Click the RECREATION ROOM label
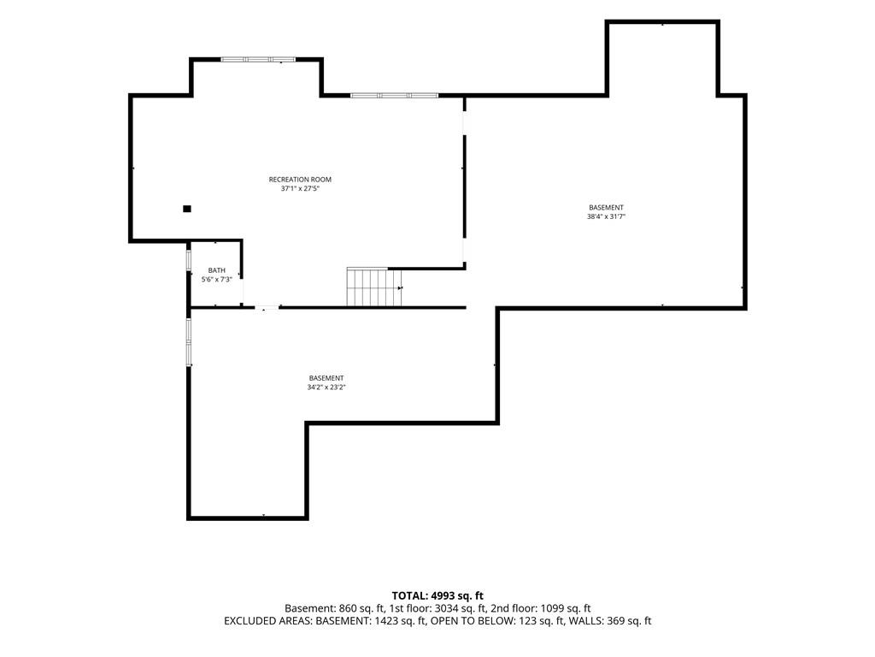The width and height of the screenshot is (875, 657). [300, 180]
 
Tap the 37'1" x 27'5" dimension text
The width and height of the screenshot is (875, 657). [300, 189]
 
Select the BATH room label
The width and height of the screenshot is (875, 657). [216, 270]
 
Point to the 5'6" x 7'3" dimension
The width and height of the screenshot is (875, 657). [216, 280]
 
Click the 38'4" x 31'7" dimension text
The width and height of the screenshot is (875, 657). [606, 216]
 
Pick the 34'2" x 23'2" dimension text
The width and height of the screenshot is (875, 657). [326, 388]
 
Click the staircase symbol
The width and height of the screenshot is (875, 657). [374, 287]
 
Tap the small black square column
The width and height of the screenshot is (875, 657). [187, 209]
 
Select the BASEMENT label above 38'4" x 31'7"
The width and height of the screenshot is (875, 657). [606, 208]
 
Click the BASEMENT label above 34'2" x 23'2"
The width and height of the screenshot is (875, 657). [326, 378]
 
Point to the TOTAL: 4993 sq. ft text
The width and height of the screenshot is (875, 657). [437, 595]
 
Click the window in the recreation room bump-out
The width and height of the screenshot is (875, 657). [258, 59]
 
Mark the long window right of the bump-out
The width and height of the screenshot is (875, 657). [395, 96]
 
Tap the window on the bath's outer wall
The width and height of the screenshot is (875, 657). [189, 261]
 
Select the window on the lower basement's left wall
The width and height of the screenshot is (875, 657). [189, 342]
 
